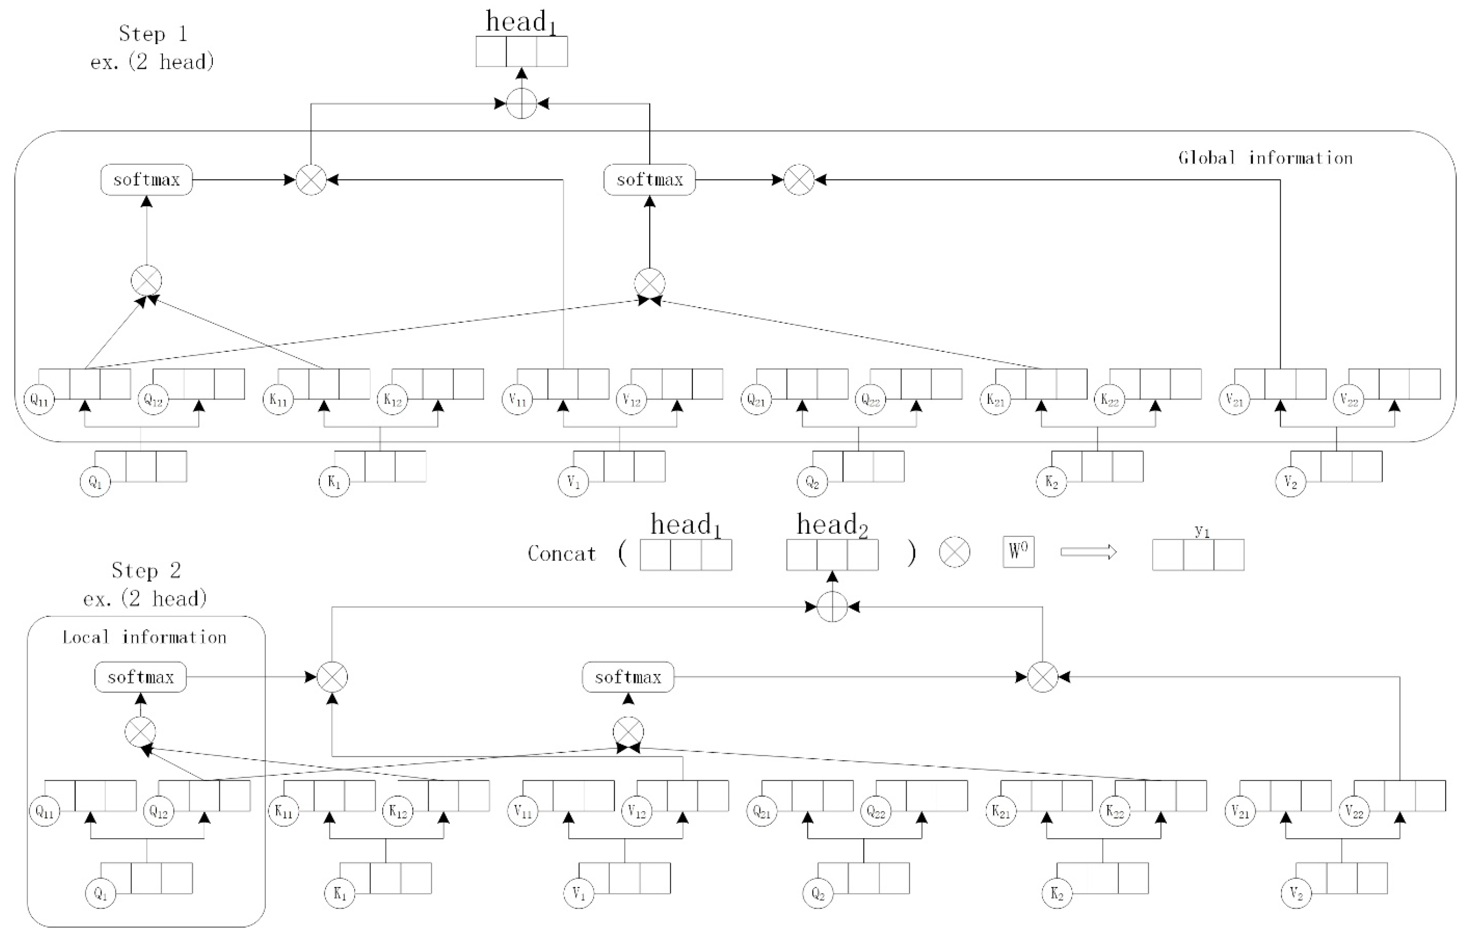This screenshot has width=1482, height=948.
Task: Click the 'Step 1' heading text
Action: tap(153, 34)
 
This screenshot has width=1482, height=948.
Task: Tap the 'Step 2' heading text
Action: tap(146, 571)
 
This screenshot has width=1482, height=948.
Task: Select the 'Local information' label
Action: tap(145, 637)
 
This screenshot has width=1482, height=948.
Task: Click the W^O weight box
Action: tap(1018, 552)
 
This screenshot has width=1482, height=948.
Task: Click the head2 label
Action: tap(832, 525)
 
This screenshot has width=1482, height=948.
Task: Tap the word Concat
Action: tap(562, 554)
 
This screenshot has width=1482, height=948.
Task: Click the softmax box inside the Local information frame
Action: tap(140, 677)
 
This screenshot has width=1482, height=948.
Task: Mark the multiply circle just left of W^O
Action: tap(954, 552)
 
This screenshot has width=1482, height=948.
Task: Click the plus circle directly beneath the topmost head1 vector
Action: tap(521, 103)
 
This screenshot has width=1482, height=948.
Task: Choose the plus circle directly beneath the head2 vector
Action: tap(832, 607)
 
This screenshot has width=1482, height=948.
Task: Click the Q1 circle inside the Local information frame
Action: tap(101, 894)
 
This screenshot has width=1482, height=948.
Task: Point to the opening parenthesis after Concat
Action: tap(622, 553)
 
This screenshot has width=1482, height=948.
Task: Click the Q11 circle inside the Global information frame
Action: tap(39, 400)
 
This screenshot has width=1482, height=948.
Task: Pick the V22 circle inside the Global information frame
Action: tap(1348, 400)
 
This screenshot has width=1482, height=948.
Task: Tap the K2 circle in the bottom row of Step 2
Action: tap(1057, 894)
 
